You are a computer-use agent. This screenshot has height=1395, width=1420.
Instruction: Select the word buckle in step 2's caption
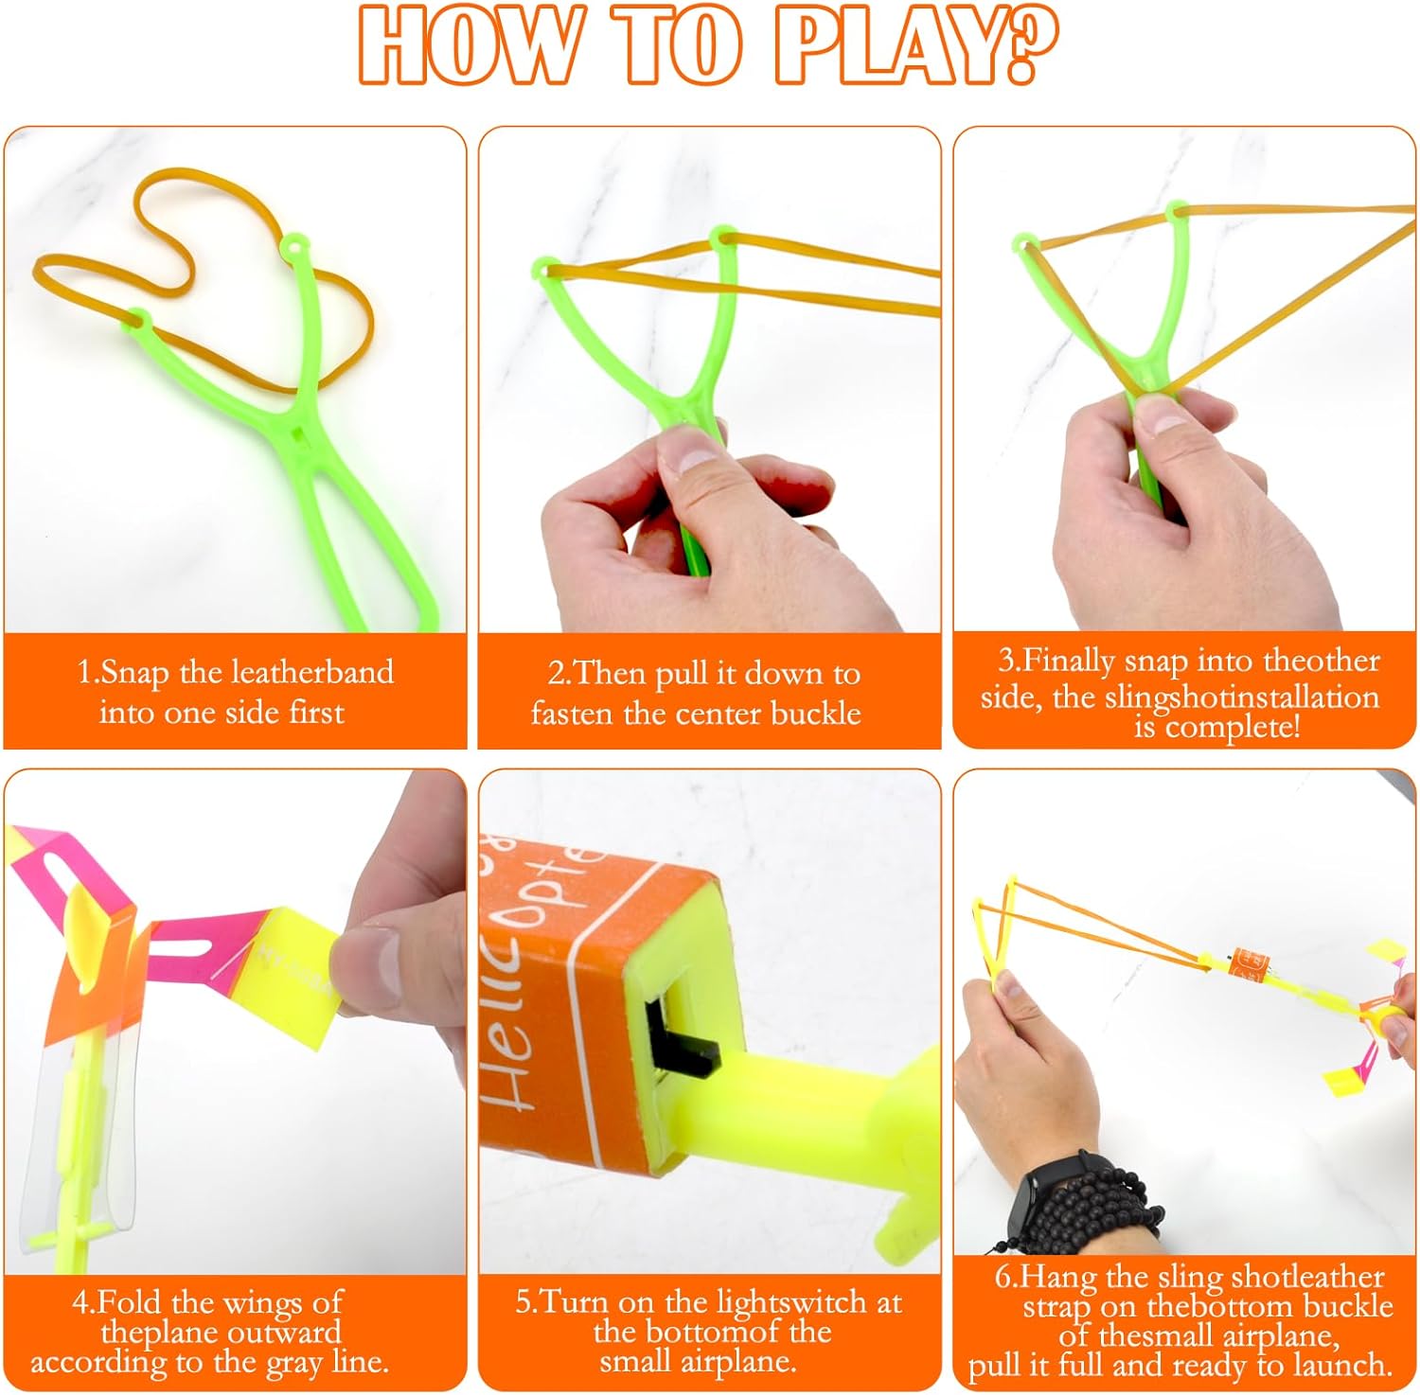coord(815,713)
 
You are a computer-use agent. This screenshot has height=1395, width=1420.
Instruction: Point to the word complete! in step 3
coord(1234,727)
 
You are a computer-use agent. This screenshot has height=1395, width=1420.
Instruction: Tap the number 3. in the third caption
coord(1009,660)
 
